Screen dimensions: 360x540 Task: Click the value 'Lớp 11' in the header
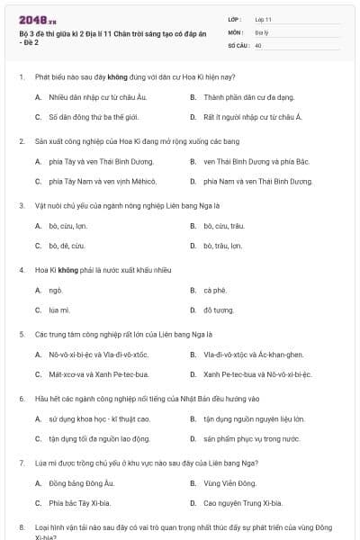pyautogui.click(x=264, y=18)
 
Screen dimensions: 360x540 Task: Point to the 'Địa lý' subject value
pyautogui.click(x=261, y=31)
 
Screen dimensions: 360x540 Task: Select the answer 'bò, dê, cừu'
pyautogui.click(x=67, y=245)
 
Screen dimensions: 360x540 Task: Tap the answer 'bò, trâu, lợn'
pyautogui.click(x=222, y=245)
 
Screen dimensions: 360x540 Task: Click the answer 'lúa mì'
pyautogui.click(x=59, y=310)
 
